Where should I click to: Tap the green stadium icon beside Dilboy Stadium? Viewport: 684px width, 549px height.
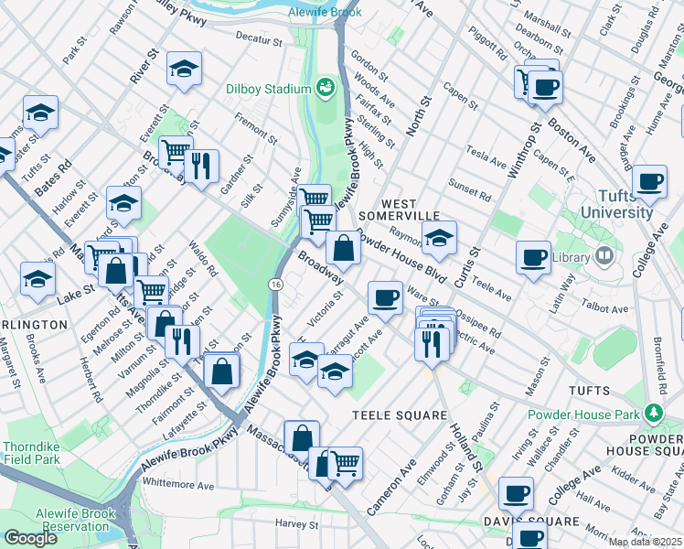tap(324, 88)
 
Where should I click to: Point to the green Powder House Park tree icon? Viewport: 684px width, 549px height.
tap(653, 413)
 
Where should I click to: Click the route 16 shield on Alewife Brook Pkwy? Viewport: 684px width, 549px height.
tap(275, 285)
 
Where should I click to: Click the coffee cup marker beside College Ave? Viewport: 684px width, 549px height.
tap(649, 181)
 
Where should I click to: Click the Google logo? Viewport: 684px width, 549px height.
tap(30, 537)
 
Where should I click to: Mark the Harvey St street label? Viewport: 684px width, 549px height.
tap(296, 525)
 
